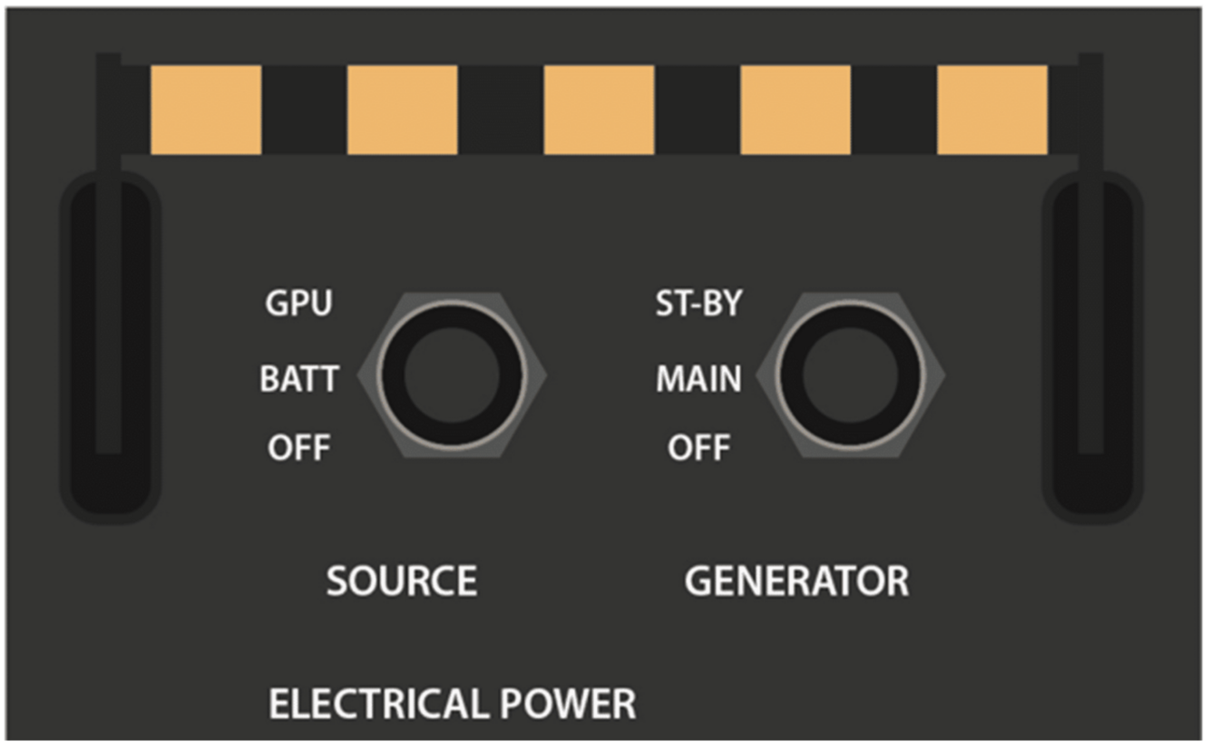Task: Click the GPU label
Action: click(x=298, y=305)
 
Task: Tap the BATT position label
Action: click(x=299, y=378)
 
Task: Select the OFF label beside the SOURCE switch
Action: click(x=298, y=448)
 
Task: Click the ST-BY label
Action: click(x=698, y=305)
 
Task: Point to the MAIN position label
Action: click(x=698, y=378)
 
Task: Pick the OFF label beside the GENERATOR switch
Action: click(x=698, y=448)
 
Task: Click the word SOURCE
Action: click(x=402, y=581)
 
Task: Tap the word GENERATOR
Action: click(x=796, y=581)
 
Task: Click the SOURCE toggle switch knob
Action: click(x=452, y=375)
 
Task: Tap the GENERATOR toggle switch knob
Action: click(x=851, y=375)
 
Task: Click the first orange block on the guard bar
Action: click(x=206, y=110)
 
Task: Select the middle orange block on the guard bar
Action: click(x=599, y=110)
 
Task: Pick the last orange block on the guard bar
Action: click(x=991, y=110)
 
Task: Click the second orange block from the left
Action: click(x=402, y=110)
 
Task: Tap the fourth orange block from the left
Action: click(x=795, y=110)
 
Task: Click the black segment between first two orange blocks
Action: click(x=304, y=110)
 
